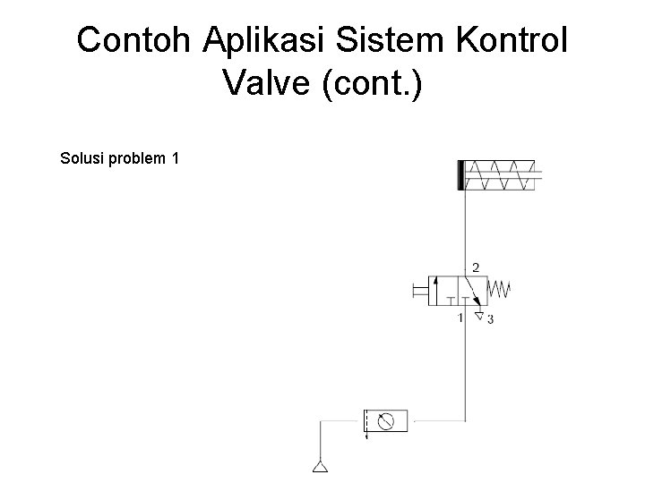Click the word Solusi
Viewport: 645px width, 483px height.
coord(81,159)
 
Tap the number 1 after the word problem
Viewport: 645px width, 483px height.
coord(175,159)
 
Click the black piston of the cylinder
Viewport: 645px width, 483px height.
coord(460,174)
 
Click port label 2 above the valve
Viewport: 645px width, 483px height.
coord(475,267)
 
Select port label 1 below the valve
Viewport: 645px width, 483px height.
coord(460,318)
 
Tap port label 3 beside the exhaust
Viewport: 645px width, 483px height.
coord(489,318)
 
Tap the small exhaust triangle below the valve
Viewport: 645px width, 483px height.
coord(478,315)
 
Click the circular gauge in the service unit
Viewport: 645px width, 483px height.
coord(386,420)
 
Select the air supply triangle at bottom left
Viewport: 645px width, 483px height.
coord(320,466)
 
